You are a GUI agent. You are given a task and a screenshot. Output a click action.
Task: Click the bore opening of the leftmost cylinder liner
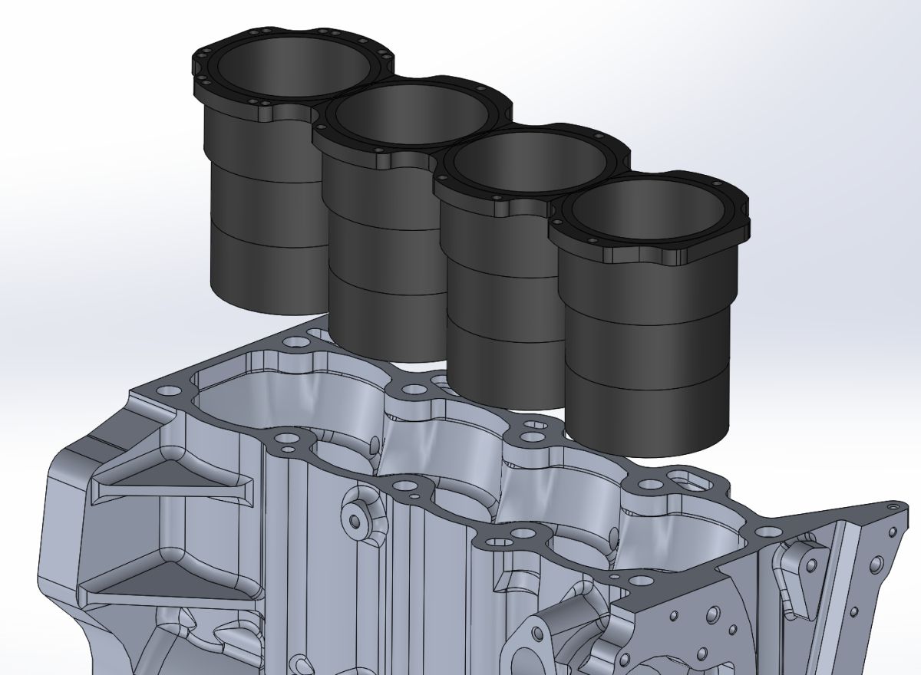(292, 65)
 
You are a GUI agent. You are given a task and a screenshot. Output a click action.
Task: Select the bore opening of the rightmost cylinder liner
(649, 211)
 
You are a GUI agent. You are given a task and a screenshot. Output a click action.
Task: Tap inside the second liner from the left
(411, 115)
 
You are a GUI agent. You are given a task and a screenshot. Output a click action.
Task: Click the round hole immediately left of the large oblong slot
(651, 485)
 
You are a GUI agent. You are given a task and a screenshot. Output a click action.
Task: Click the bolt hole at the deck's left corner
(164, 390)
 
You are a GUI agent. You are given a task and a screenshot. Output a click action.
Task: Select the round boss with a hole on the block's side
(355, 521)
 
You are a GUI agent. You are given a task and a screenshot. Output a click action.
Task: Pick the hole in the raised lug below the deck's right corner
(810, 565)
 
